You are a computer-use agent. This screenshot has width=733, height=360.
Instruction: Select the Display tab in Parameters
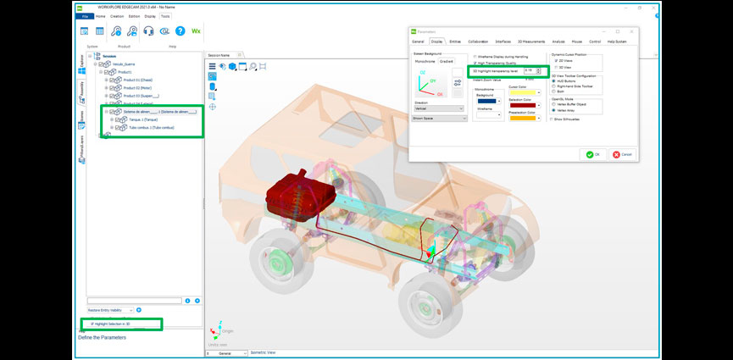point(437,41)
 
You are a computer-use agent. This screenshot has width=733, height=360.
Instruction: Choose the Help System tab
point(616,41)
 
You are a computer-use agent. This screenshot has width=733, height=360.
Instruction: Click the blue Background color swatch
point(486,102)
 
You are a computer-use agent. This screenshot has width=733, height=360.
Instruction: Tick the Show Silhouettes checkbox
point(553,119)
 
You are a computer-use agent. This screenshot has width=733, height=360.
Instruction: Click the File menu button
point(85,15)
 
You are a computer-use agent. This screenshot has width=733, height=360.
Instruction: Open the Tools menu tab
point(164,15)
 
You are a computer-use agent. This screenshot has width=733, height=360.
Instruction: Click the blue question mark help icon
point(180,31)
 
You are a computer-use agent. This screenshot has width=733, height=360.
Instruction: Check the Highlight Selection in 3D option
point(92,324)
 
